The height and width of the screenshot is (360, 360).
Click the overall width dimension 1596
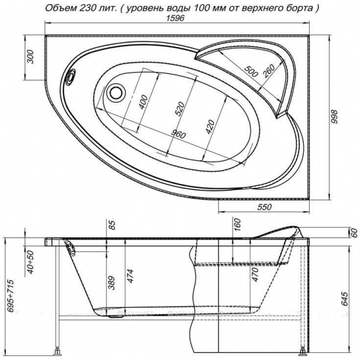coord(175,18)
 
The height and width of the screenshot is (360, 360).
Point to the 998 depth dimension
coord(335,117)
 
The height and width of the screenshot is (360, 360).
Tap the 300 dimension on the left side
coord(30,56)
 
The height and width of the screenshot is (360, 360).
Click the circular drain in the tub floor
coord(116,93)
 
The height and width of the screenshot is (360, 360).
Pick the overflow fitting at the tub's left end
coord(71,77)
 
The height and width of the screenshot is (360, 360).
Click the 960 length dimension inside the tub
coord(179,135)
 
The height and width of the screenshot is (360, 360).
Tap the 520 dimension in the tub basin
coord(180,109)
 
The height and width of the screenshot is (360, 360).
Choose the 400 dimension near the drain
coord(143,101)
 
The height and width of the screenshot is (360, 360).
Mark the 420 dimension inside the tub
coord(210,127)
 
